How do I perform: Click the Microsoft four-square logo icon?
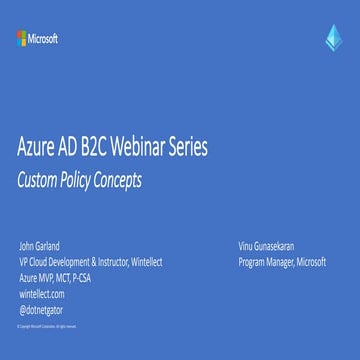(x=20, y=39)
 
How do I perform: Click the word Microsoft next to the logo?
(x=43, y=39)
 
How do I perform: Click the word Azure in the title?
(x=39, y=150)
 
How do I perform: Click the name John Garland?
(x=38, y=246)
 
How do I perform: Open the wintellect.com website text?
(x=42, y=294)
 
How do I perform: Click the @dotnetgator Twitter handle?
(x=42, y=310)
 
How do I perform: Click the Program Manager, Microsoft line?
(x=282, y=262)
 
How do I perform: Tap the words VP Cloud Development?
(x=49, y=262)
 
